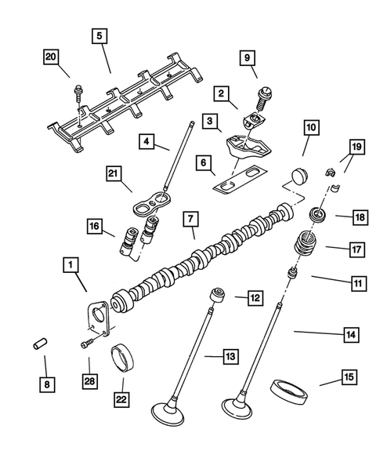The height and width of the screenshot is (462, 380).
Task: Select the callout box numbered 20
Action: pos(52,58)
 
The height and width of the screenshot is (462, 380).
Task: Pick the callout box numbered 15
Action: pos(346,378)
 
